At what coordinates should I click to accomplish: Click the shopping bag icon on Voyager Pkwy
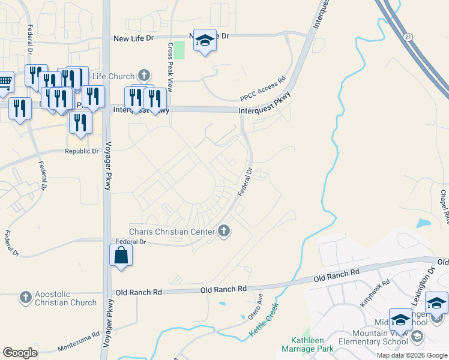pyautogui.click(x=121, y=254)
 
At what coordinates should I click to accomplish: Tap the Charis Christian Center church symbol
pyautogui.click(x=224, y=230)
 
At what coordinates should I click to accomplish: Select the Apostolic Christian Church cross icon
pyautogui.click(x=25, y=297)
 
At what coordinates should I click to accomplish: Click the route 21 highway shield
pyautogui.click(x=408, y=37)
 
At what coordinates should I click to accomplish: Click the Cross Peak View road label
pyautogui.click(x=170, y=66)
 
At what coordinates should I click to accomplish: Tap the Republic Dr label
pyautogui.click(x=82, y=151)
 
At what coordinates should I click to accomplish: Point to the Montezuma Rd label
pyautogui.click(x=79, y=343)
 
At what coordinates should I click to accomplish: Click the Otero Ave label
pyautogui.click(x=256, y=307)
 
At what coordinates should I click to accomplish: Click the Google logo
pyautogui.click(x=20, y=353)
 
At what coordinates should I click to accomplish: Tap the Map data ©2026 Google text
pyautogui.click(x=411, y=355)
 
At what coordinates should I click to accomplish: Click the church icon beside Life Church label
pyautogui.click(x=143, y=76)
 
